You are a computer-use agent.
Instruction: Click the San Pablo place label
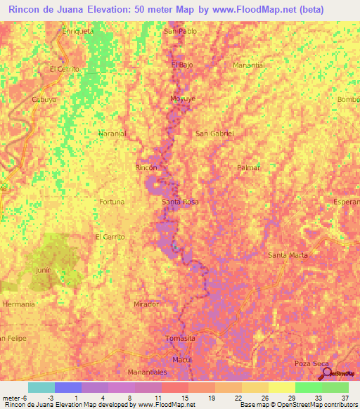[x=180, y=32]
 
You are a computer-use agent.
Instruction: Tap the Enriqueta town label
[x=78, y=32]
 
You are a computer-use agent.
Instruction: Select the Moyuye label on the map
[x=181, y=99]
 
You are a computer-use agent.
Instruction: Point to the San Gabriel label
[x=214, y=133]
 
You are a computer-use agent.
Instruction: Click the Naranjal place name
[x=112, y=133]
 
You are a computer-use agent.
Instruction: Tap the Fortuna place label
[x=112, y=202]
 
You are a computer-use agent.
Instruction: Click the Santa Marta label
[x=288, y=254]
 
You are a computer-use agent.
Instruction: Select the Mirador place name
[x=146, y=304]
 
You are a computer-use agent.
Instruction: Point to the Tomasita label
[x=180, y=338]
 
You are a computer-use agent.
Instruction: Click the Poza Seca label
[x=311, y=363]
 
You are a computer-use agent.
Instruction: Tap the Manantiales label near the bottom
[x=148, y=372]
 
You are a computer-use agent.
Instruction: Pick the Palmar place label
[x=249, y=168]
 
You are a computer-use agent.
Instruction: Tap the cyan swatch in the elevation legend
[x=41, y=387]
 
